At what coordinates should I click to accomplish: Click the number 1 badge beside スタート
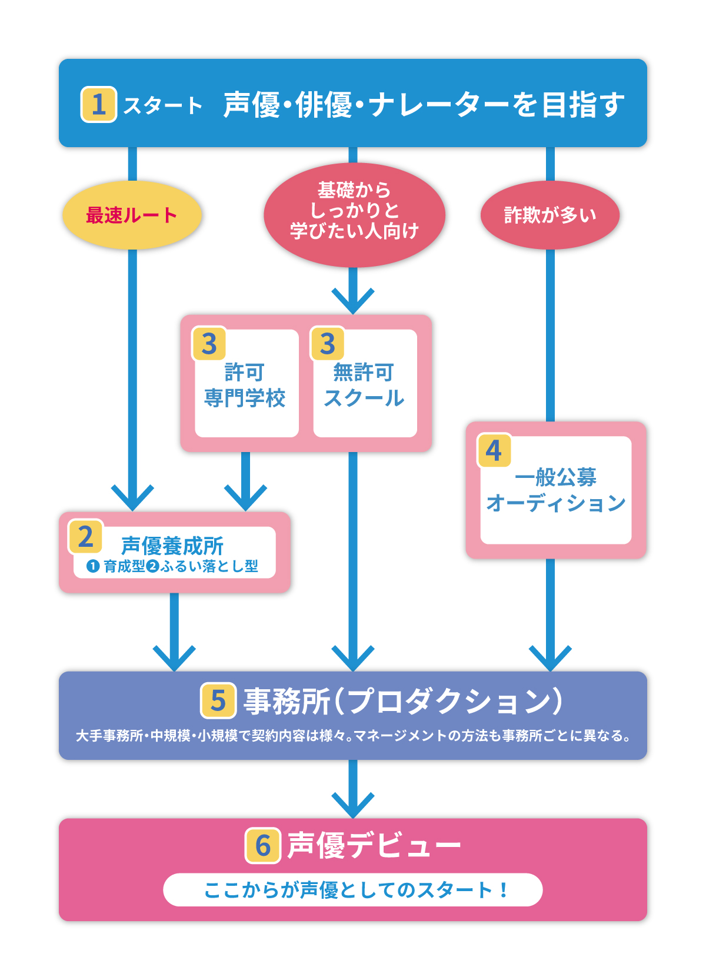click(x=98, y=105)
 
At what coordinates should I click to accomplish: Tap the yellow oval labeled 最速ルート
click(x=132, y=215)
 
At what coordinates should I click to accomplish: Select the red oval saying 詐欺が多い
click(x=550, y=215)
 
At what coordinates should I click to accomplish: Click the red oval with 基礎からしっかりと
click(x=354, y=212)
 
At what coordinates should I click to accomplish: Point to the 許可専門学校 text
click(x=245, y=386)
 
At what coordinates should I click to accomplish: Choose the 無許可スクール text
click(x=364, y=386)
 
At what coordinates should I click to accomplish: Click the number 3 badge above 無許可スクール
click(x=327, y=344)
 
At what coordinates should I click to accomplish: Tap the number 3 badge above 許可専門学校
click(x=209, y=344)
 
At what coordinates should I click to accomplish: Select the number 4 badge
click(x=494, y=451)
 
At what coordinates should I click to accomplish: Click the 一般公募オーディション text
click(x=556, y=490)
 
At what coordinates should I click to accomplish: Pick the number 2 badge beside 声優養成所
click(x=86, y=537)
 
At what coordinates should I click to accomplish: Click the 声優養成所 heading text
click(x=172, y=546)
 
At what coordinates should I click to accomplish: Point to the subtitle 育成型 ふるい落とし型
click(x=172, y=567)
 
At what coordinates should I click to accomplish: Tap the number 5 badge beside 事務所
click(x=218, y=700)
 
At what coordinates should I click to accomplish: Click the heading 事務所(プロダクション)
click(x=403, y=701)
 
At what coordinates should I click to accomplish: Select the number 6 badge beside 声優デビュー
click(x=262, y=846)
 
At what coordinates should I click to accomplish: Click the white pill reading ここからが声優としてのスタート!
click(x=353, y=890)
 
